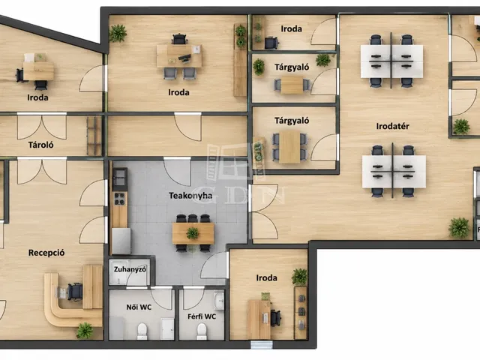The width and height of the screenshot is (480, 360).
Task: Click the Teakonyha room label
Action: (x=190, y=196)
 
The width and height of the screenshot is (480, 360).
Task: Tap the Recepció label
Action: (x=46, y=253)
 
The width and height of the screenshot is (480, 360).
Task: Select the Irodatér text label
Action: (x=392, y=126)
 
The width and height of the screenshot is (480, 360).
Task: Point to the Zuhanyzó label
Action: (x=130, y=269)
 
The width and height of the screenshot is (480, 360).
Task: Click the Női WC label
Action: (x=139, y=307)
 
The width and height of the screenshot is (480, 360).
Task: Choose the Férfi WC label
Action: (x=202, y=316)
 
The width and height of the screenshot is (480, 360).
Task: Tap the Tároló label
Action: (x=40, y=145)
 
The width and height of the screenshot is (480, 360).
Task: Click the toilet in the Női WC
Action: (x=142, y=331)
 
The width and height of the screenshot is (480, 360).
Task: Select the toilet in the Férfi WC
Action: (x=202, y=331)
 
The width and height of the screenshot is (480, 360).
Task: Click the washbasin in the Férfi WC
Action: (x=219, y=301)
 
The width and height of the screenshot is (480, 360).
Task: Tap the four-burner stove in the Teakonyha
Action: (x=119, y=198)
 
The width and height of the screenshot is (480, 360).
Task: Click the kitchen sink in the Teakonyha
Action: (x=120, y=178)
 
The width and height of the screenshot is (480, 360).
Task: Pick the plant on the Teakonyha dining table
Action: (x=193, y=233)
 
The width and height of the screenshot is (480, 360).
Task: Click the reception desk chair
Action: (x=75, y=292)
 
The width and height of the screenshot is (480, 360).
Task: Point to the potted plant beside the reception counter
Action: (x=85, y=331)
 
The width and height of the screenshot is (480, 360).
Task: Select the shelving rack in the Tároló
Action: (x=94, y=136)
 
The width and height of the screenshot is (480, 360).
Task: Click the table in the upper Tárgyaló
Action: (x=292, y=85)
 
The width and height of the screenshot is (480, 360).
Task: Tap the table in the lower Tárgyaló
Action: (x=290, y=147)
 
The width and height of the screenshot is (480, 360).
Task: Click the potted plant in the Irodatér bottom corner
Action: (x=459, y=227)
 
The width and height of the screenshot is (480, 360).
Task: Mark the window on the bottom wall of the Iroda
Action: (x=261, y=345)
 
